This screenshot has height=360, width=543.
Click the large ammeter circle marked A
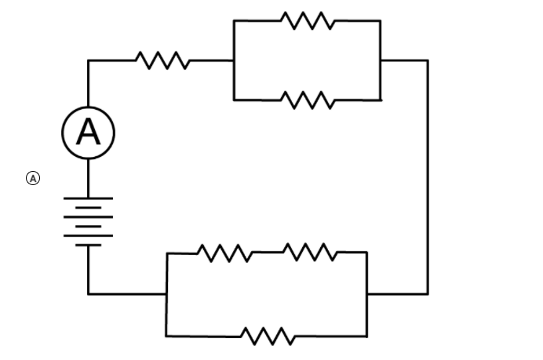coord(88,133)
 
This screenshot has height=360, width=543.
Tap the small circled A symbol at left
coord(33,178)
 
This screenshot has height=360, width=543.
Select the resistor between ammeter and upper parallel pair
coord(162,60)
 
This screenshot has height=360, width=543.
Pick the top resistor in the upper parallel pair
coord(308,20)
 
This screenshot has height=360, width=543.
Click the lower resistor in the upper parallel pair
coord(308,100)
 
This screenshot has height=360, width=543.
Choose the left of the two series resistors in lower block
coord(224,253)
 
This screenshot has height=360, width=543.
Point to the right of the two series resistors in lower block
coord(309,252)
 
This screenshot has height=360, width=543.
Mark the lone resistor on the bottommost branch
coord(268,336)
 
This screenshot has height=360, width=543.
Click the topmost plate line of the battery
coord(88,198)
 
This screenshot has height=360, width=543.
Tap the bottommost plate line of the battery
coord(88,245)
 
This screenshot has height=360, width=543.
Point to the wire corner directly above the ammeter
coord(88,60)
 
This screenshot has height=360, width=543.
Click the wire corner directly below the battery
coord(88,293)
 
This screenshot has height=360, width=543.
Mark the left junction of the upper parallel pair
coord(234,60)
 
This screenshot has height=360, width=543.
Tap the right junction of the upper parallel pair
coord(381,60)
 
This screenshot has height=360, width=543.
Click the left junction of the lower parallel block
coord(166,293)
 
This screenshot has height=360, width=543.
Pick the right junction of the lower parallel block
coord(366,293)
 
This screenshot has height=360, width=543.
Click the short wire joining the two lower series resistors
coord(266,253)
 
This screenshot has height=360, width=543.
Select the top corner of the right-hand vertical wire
coord(428,60)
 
